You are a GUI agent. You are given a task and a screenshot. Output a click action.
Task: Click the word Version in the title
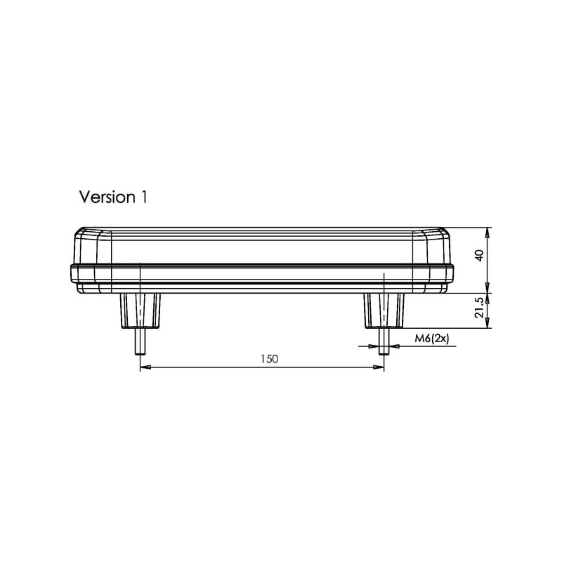pos(107,197)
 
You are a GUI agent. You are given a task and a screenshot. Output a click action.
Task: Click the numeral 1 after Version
pos(144,197)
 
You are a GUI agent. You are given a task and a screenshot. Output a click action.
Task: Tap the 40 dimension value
pos(479,255)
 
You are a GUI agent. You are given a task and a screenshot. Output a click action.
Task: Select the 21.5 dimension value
pos(479,307)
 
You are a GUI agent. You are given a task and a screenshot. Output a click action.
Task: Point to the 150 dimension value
pos(269,359)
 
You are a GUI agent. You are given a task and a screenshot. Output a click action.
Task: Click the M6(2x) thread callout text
pos(431,339)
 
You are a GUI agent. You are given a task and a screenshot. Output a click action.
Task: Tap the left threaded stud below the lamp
pos(140,341)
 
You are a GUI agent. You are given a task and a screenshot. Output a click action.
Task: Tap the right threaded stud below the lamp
pos(384,341)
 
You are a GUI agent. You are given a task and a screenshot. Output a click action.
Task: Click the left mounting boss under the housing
pos(140,311)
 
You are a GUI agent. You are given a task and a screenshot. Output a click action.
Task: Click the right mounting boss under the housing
pos(384,311)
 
